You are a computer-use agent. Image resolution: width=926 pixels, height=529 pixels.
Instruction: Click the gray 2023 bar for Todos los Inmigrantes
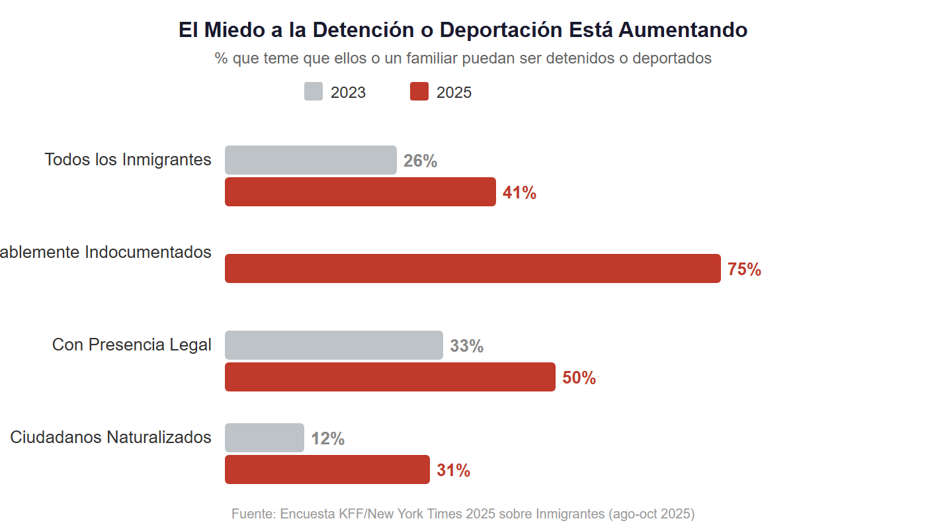point(311,160)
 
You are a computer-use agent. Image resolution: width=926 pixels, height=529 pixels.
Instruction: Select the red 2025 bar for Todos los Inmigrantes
point(360,192)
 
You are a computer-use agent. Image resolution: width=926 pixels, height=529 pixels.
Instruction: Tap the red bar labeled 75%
point(473,268)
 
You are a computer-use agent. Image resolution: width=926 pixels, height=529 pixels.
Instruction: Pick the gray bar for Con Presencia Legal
point(334,345)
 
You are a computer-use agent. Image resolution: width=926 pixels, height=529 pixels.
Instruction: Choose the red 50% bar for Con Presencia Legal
point(390,377)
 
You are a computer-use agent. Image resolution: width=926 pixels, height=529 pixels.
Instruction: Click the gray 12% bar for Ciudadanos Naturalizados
point(265,438)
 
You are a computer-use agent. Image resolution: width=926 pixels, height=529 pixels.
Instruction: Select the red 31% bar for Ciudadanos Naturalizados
point(327,469)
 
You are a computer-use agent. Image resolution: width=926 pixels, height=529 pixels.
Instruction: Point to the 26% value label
point(420,161)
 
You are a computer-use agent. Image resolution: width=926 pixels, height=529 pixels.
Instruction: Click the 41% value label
point(519,192)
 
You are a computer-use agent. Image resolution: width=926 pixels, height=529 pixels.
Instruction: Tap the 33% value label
point(466,346)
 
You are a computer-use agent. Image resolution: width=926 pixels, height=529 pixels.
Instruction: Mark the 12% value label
point(327,438)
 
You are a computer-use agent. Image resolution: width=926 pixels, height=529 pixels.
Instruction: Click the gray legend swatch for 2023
point(314,92)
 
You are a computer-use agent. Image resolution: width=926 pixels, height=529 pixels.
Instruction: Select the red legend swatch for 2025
point(419,92)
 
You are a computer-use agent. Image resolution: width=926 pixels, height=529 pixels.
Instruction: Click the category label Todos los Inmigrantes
point(128,159)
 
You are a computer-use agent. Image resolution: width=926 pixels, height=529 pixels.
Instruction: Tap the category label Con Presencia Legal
point(132,345)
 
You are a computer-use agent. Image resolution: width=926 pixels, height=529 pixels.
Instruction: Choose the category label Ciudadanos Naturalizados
point(110,437)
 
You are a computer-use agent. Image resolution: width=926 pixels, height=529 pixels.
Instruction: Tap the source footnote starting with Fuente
point(463,514)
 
